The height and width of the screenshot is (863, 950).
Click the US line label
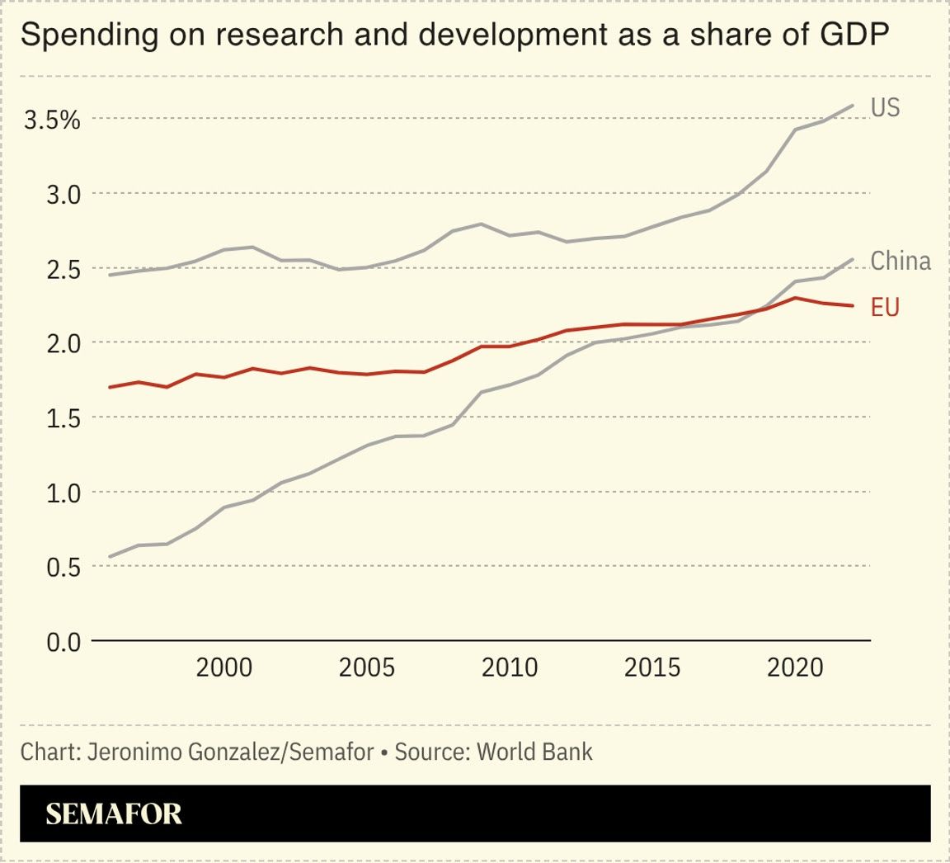tap(885, 107)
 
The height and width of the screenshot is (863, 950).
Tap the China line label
tap(901, 261)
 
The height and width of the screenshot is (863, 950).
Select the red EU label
tap(885, 308)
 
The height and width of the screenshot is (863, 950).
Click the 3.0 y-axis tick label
tap(63, 195)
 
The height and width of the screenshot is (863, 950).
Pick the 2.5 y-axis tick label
tap(63, 269)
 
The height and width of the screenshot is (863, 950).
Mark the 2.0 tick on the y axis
tap(63, 343)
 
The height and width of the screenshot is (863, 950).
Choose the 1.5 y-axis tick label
tap(63, 418)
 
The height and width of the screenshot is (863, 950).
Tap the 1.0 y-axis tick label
tap(63, 493)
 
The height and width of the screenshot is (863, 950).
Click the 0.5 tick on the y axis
tap(63, 567)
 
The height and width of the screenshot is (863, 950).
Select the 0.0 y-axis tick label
tap(63, 641)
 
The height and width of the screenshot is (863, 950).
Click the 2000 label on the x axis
tap(224, 667)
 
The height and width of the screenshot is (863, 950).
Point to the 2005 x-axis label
tap(367, 667)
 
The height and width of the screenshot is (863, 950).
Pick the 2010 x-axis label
tap(510, 667)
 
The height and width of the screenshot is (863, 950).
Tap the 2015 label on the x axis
tap(652, 667)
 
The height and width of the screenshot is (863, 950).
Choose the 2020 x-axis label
tap(795, 667)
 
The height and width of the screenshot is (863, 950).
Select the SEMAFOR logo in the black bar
tap(114, 814)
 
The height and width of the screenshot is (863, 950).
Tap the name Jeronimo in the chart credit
tap(125, 752)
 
